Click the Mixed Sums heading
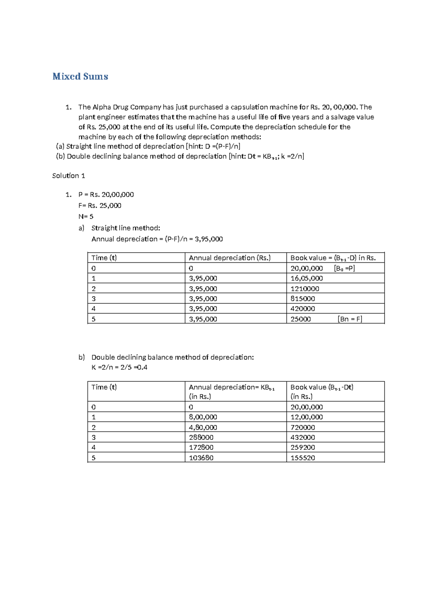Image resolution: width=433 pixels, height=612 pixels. pyautogui.click(x=80, y=76)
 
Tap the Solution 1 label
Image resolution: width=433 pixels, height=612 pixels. pyautogui.click(x=69, y=176)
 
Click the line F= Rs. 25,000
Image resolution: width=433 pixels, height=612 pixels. pyautogui.click(x=100, y=206)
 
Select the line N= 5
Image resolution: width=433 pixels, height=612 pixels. pyautogui.click(x=86, y=217)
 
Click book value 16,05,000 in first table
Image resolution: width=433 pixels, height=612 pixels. pyautogui.click(x=306, y=278)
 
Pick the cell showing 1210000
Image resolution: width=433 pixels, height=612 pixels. pyautogui.click(x=305, y=289)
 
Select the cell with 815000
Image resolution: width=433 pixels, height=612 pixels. pyautogui.click(x=302, y=299)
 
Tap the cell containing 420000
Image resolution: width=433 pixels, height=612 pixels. pyautogui.click(x=302, y=309)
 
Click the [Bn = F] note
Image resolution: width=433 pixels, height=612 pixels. pyautogui.click(x=350, y=319)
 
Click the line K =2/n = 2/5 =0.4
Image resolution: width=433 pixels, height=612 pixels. pyautogui.click(x=119, y=367)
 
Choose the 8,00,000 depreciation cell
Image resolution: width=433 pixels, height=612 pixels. pyautogui.click(x=203, y=417)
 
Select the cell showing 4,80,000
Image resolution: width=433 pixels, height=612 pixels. pyautogui.click(x=203, y=427)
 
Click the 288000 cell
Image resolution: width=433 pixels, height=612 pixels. pyautogui.click(x=201, y=437)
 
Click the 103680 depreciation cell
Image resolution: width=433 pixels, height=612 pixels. pyautogui.click(x=201, y=458)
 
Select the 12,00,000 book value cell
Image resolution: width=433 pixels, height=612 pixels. pyautogui.click(x=306, y=417)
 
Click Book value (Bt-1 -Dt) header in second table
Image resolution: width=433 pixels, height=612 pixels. pyautogui.click(x=322, y=388)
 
